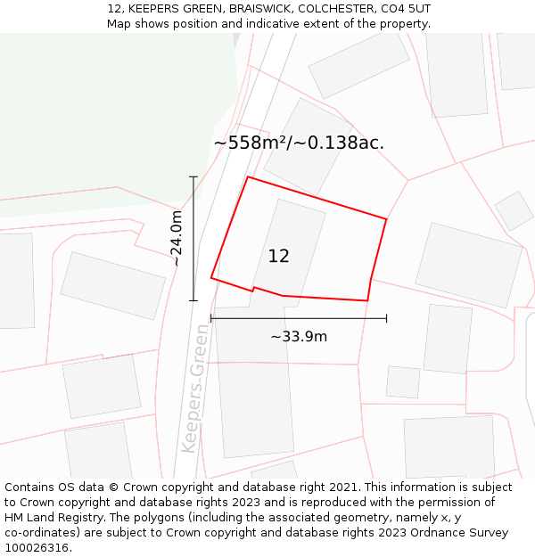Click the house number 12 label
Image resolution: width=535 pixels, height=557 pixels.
point(278,257)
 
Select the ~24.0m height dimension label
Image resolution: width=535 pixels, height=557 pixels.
point(177,238)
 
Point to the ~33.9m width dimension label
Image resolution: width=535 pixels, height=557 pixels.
point(298,337)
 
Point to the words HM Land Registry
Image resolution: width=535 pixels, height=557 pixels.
point(50,518)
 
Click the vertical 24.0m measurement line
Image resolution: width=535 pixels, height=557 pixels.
point(193,239)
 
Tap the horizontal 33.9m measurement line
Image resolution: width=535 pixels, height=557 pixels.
point(298,318)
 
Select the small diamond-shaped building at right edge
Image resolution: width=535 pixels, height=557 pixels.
point(514,210)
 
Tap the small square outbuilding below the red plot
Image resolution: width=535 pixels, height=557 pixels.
point(403,381)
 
